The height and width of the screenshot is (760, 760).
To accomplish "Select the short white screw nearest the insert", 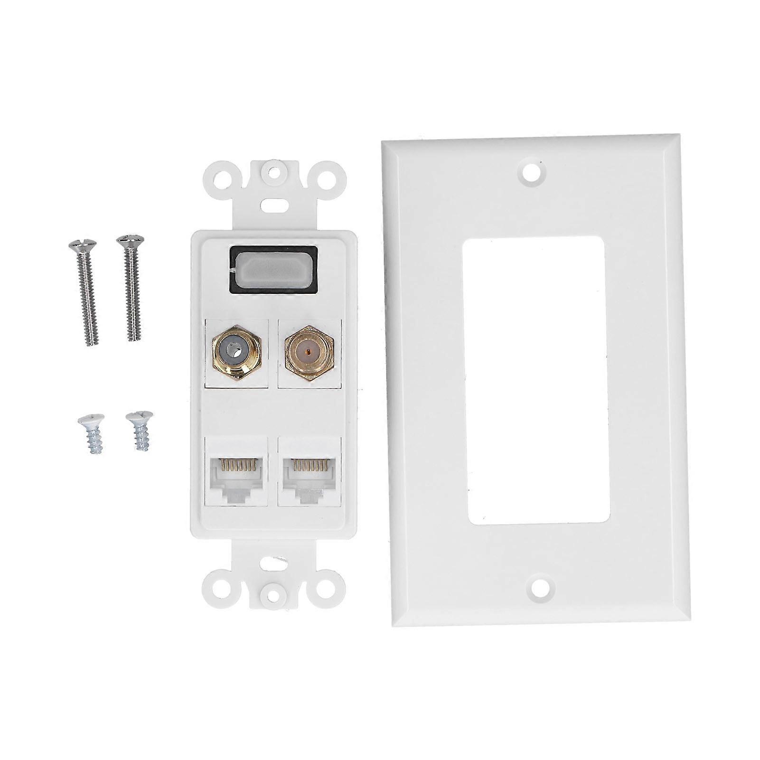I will (x=138, y=430).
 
